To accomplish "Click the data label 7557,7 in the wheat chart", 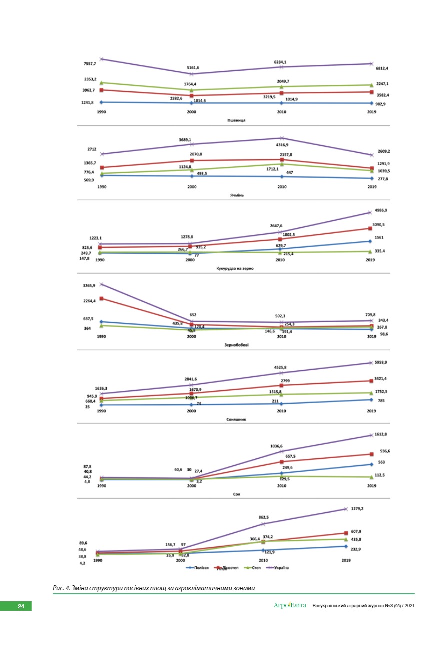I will pos(90,64).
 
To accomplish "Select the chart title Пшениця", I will pos(236,120).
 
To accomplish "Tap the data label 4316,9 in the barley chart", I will pos(282,145).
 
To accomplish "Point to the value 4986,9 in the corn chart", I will pos(381,210).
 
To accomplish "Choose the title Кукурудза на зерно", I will pos(235,268).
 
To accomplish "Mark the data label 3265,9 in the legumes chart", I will pos(89,286).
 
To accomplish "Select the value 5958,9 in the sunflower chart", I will pos(381,362).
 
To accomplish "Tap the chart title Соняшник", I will pos(236,419).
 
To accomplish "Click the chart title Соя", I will pos(236,494).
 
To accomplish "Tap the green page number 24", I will pos(21,606).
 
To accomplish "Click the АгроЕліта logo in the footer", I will pos(290,606).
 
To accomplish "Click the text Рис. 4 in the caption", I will pos(61,588).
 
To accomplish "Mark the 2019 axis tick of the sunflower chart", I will pos(371,411).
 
